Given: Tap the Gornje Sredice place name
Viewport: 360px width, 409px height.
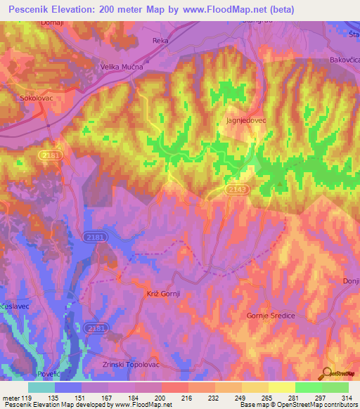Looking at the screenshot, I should (x=271, y=316).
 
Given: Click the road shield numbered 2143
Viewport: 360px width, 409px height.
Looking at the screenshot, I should (x=236, y=189).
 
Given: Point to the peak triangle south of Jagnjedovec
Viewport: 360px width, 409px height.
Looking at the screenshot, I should (x=281, y=185).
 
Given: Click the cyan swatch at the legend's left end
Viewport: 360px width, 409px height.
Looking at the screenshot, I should (x=41, y=387).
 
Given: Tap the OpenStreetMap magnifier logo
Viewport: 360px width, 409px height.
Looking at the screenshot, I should (x=326, y=375).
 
